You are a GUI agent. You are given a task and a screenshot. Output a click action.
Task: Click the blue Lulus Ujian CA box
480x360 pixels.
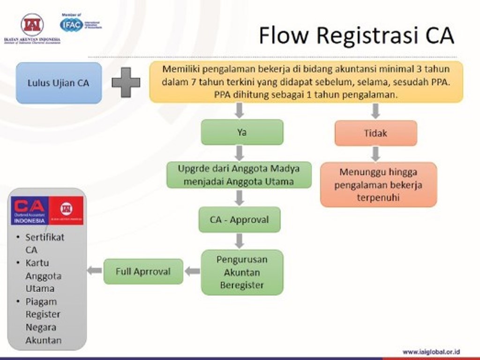[59, 83]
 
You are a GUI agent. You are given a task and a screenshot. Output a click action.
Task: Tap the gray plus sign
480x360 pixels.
[126, 82]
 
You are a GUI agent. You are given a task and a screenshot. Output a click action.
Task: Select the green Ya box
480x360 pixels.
[242, 132]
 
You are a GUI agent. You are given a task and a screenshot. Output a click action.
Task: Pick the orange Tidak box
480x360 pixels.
[375, 133]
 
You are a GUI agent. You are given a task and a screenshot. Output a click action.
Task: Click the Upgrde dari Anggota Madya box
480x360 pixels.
[239, 174]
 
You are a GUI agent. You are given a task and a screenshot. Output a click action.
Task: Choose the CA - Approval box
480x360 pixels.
[239, 219]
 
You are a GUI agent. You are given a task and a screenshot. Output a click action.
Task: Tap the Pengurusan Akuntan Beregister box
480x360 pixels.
[242, 272]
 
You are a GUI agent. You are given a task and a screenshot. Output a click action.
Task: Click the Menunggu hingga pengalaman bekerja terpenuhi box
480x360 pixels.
[378, 185]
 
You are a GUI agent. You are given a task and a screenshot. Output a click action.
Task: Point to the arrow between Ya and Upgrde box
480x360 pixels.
[240, 153]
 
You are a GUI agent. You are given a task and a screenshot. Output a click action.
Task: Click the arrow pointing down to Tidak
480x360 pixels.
[375, 111]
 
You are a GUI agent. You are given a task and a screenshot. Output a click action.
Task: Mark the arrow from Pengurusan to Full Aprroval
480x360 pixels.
[192, 271]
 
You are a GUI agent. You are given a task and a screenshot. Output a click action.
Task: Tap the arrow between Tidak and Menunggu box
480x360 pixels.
[375, 154]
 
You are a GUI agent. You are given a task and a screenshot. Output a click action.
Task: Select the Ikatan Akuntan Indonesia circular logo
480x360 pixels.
[32, 24]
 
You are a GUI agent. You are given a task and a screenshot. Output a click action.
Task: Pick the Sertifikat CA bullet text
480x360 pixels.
[44, 243]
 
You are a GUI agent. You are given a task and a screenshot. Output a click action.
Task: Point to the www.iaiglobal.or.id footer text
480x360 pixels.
[431, 352]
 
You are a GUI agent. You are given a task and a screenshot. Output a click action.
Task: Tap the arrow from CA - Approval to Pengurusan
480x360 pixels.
[240, 241]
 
